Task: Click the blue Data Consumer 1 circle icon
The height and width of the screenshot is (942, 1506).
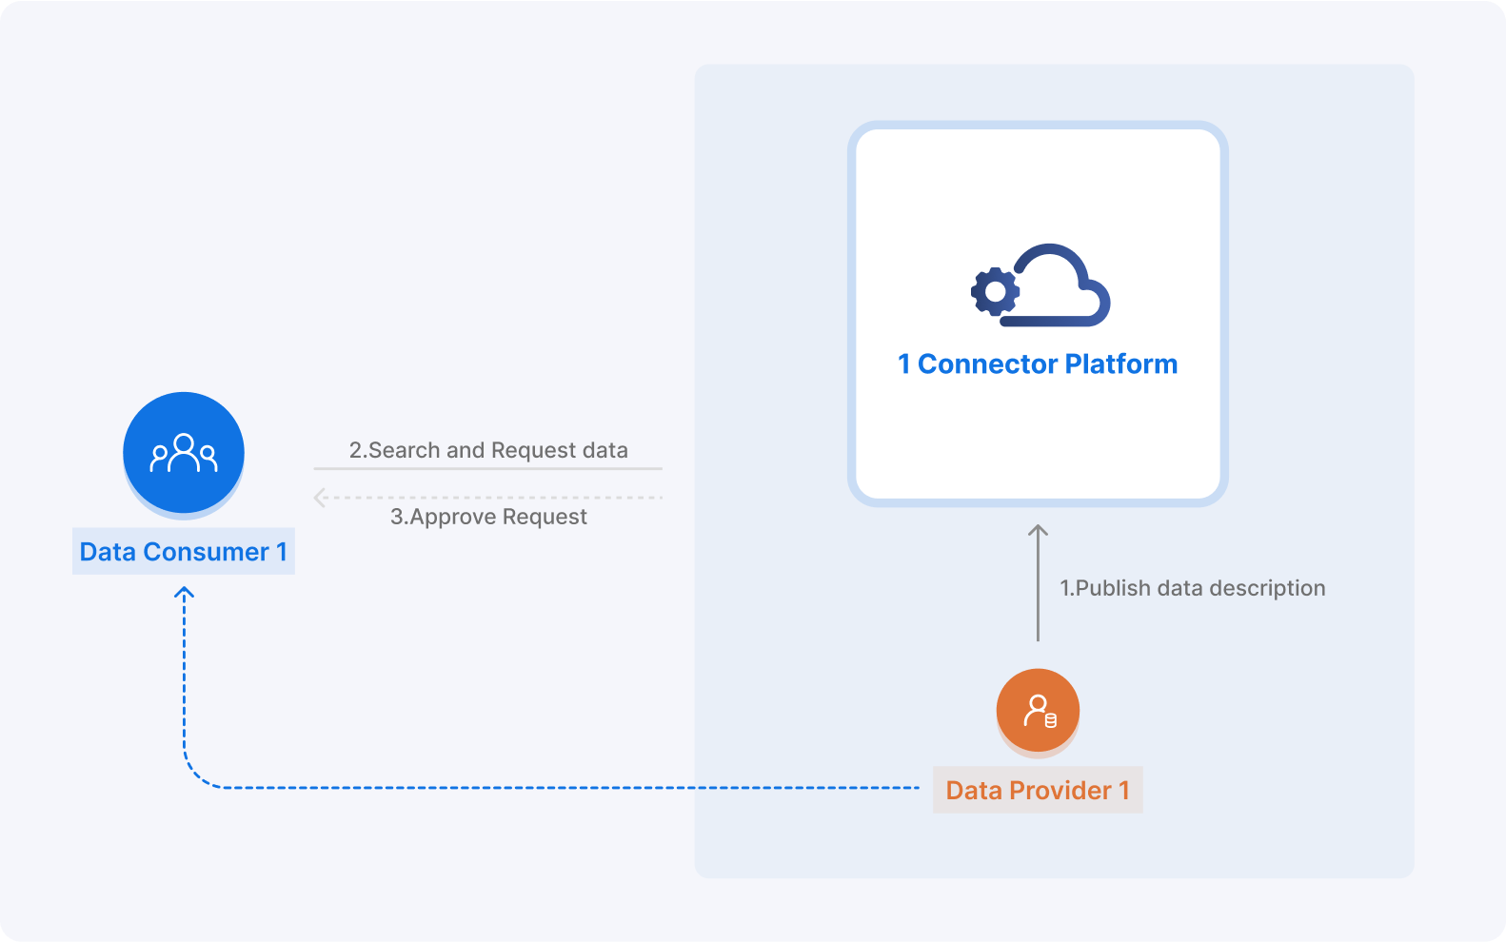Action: click(184, 453)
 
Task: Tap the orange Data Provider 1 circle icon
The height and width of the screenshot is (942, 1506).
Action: click(1038, 711)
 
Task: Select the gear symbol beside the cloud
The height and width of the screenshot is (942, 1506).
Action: click(995, 292)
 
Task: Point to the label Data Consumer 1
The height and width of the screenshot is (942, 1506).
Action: click(184, 552)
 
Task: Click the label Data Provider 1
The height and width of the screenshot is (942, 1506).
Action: click(1038, 791)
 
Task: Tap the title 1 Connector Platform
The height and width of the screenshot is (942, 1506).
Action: click(1038, 364)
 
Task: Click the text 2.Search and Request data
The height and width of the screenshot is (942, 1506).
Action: click(488, 450)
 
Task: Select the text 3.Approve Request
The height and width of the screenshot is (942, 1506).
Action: click(488, 517)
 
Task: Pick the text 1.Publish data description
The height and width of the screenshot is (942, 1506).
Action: click(1193, 588)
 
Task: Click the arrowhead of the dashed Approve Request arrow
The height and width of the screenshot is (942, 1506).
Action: click(320, 498)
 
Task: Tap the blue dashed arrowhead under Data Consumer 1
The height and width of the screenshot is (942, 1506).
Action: click(184, 593)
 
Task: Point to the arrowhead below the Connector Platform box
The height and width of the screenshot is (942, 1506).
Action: click(1039, 529)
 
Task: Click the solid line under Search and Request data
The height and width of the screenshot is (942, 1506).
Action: click(488, 468)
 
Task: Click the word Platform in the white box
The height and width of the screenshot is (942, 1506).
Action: click(1120, 364)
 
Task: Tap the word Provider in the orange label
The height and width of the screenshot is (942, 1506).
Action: click(1060, 791)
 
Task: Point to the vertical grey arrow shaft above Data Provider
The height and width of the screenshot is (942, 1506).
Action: click(1039, 590)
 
